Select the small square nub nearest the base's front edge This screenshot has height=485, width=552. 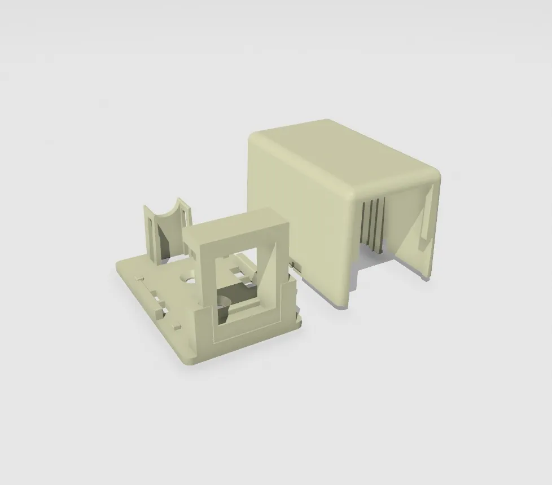point(177,326)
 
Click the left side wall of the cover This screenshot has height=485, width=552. point(299,214)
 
